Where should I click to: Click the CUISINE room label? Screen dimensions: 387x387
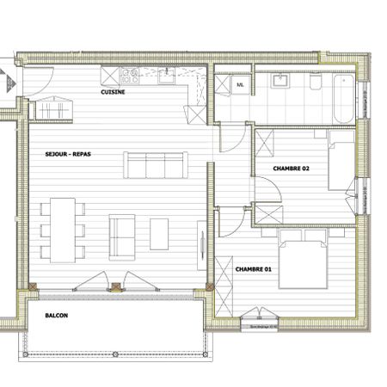tap(114, 92)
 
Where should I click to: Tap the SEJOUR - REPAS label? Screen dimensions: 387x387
tap(68, 155)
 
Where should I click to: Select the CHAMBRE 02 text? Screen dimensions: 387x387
tap(290, 169)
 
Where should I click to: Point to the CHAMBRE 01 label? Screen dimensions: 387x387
tap(253, 269)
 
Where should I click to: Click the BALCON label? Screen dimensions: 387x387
tap(57, 316)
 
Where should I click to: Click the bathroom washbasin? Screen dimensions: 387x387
tap(280, 82)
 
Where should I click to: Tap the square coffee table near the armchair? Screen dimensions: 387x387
tap(160, 232)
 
